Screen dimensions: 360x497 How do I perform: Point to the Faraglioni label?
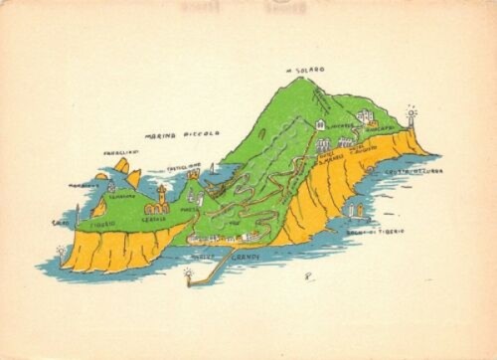(117, 153)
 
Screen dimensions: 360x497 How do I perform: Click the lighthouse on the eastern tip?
(411, 116)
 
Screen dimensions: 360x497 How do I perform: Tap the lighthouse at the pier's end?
(187, 271)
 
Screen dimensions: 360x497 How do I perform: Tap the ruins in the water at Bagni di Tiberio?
(356, 211)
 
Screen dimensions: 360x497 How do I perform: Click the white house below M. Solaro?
(321, 124)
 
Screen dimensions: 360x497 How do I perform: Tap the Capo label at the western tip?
(59, 223)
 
